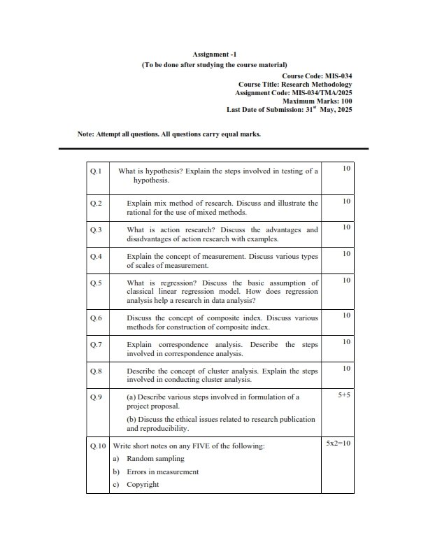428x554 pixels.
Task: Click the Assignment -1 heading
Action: click(214, 54)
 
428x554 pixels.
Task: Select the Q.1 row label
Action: click(96, 171)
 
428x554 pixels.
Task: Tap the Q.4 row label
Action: click(96, 256)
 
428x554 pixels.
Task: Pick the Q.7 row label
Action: click(96, 344)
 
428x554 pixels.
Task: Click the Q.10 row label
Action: click(98, 445)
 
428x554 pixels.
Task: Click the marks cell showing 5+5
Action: click(343, 395)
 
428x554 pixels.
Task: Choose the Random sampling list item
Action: click(155, 459)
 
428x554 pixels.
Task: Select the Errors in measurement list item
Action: click(162, 472)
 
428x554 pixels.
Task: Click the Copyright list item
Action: click(143, 485)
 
